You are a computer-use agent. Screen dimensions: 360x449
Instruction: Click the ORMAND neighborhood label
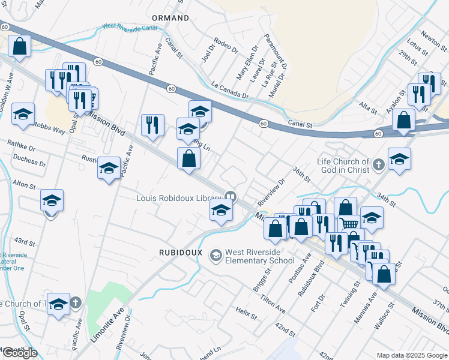click(x=170, y=18)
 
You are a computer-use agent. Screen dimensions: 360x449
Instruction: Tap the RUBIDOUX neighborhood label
click(x=180, y=251)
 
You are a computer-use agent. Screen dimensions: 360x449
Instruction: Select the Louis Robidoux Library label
click(x=179, y=197)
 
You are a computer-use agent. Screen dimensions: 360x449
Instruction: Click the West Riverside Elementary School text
click(x=259, y=257)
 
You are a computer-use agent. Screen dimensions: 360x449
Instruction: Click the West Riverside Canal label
click(x=130, y=27)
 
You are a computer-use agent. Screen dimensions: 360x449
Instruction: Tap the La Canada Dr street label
click(x=229, y=90)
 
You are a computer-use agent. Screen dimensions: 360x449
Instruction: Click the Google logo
click(x=19, y=353)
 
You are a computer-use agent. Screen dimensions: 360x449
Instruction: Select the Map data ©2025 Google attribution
click(x=411, y=355)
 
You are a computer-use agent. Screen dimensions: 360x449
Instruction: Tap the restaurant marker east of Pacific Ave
click(x=152, y=125)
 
